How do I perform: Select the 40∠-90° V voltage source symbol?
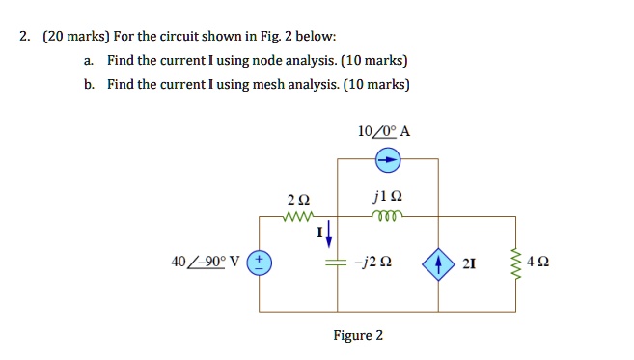261,262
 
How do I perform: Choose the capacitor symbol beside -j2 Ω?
337,262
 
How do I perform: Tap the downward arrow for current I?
329,232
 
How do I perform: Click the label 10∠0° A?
383,131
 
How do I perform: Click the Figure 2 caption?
358,336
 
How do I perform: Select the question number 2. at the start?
26,37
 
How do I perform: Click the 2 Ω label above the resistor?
298,200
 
